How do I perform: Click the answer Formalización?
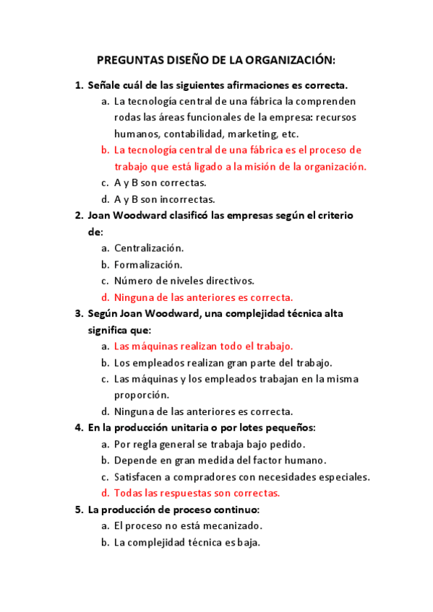coord(148,264)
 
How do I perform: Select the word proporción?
coord(141,395)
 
